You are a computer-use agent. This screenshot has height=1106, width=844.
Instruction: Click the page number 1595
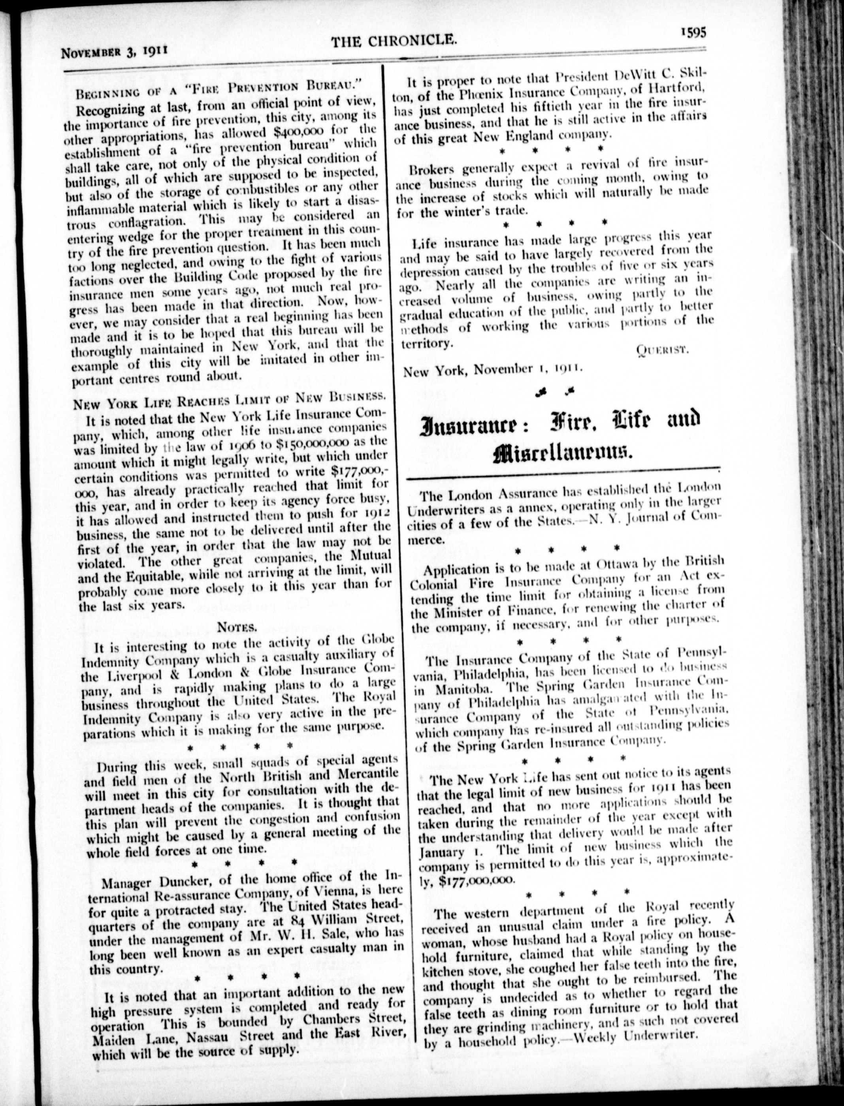(x=694, y=33)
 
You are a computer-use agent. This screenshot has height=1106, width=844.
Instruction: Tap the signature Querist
(x=661, y=350)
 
